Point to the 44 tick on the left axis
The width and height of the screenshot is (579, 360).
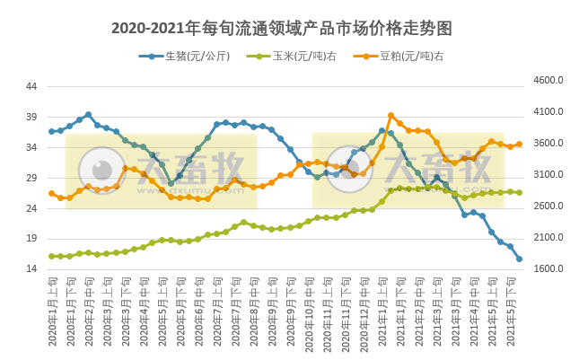pyautogui.click(x=31, y=86)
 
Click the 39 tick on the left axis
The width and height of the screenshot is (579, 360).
pyautogui.click(x=31, y=117)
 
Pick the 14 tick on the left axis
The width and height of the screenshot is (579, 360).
pyautogui.click(x=31, y=269)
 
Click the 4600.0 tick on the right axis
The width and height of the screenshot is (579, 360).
pyautogui.click(x=548, y=81)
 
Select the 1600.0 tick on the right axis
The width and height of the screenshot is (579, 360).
pyautogui.click(x=548, y=269)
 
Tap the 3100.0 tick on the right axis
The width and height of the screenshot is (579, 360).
pyautogui.click(x=548, y=175)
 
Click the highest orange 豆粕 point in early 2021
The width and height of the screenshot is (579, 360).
pyautogui.click(x=390, y=116)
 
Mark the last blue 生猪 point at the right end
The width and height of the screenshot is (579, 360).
pyautogui.click(x=519, y=259)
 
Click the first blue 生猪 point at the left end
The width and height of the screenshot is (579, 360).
pyautogui.click(x=52, y=131)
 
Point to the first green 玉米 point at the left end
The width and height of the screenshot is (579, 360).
pyautogui.click(x=52, y=256)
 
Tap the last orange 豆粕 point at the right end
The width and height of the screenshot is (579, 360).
pyautogui.click(x=519, y=144)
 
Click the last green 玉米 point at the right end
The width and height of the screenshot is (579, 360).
pyautogui.click(x=519, y=192)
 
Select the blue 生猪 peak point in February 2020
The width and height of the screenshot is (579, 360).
pyautogui.click(x=88, y=115)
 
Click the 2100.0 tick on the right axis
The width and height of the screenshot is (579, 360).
pyautogui.click(x=548, y=238)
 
